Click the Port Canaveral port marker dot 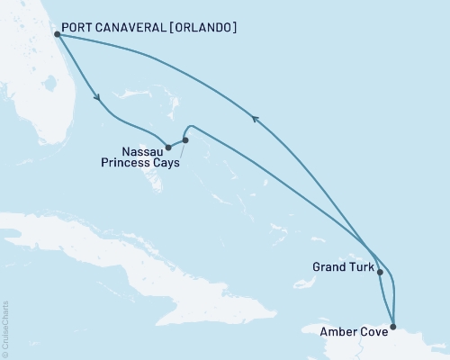coord(58,34)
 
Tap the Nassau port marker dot coord(168,147)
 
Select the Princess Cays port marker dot coord(185,139)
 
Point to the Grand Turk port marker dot coord(380,271)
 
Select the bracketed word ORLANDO coord(208,28)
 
